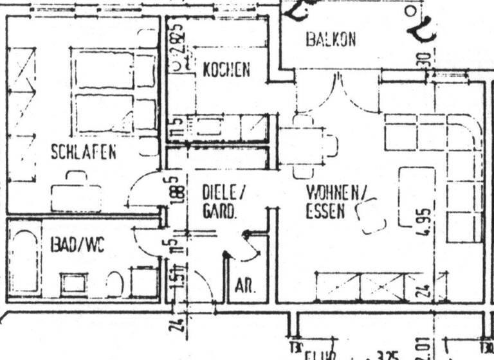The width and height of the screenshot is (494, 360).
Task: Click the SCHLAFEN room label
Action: tap(84, 152)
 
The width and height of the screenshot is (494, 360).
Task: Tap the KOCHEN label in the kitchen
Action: tap(226, 70)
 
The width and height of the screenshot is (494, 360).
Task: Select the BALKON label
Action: tap(331, 40)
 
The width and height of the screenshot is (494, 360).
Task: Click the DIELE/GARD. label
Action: tap(224, 201)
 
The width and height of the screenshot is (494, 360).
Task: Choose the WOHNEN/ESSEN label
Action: tap(335, 201)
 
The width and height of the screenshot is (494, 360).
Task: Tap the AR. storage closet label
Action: tap(245, 287)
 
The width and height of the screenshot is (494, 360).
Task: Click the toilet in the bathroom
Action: tap(114, 283)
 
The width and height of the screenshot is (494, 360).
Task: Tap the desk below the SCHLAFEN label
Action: tap(76, 197)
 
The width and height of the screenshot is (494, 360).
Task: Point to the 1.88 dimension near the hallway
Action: tap(172, 191)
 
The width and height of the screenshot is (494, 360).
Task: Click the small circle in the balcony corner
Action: tap(410, 12)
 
